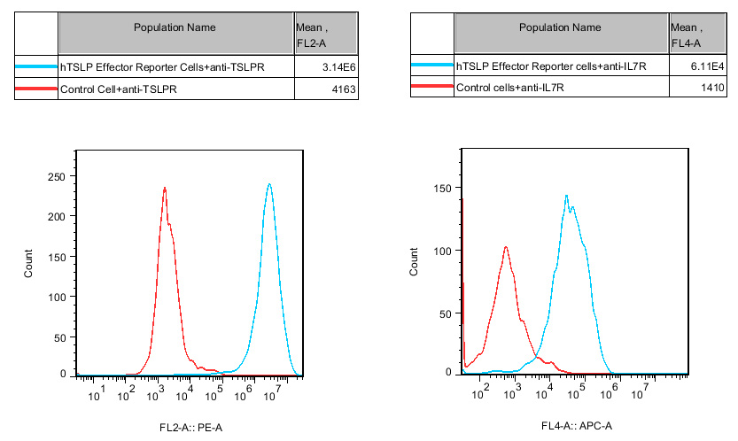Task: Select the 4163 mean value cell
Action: coord(342,89)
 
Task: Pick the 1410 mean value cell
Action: coord(712,88)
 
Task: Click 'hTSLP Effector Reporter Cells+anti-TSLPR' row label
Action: coord(162,66)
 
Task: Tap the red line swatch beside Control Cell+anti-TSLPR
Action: coord(36,89)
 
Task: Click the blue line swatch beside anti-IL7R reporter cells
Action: coord(432,66)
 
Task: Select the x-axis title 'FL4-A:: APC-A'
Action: coord(577,427)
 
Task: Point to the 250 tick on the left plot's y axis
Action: coord(57,177)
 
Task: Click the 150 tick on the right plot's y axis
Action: coord(447,189)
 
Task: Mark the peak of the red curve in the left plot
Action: coord(165,188)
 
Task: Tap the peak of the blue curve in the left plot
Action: coord(268,184)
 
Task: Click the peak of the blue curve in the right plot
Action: coord(566,195)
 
